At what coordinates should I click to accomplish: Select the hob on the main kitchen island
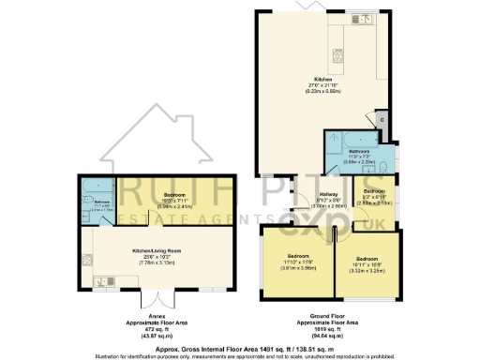click(337, 53)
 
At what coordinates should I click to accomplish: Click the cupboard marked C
click(382, 120)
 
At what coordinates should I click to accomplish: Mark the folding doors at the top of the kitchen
click(306, 6)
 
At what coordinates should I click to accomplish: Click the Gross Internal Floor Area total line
click(240, 346)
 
